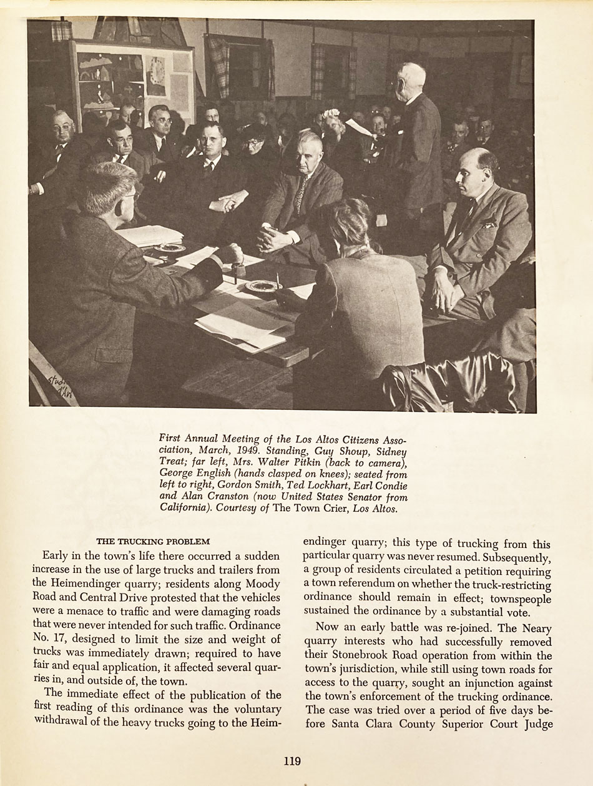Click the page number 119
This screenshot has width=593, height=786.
[x=292, y=761]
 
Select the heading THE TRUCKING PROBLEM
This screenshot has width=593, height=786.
[x=153, y=542]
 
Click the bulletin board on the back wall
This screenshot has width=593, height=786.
[x=132, y=81]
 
